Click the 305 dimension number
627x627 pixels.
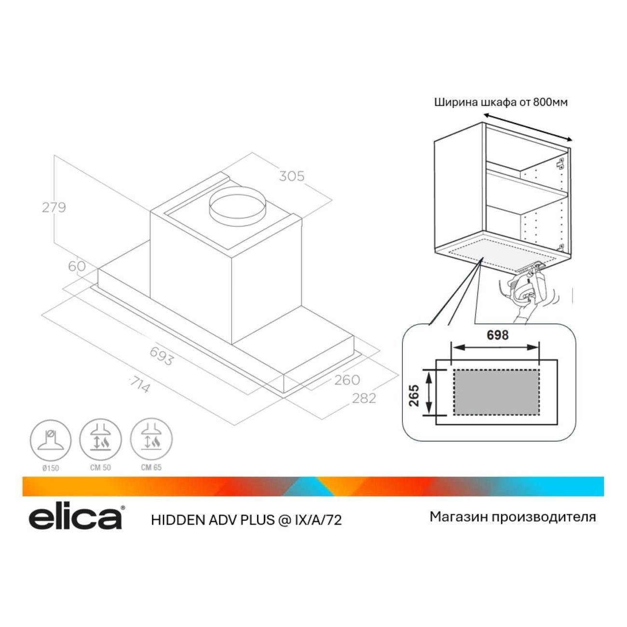pos(292,176)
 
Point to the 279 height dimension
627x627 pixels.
pos(54,207)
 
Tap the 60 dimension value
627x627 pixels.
pos(77,266)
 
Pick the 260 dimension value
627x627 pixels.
pos(347,380)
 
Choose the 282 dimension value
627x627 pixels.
pos(364,398)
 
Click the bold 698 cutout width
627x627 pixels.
pos(497,335)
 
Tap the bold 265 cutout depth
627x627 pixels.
pos(414,395)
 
